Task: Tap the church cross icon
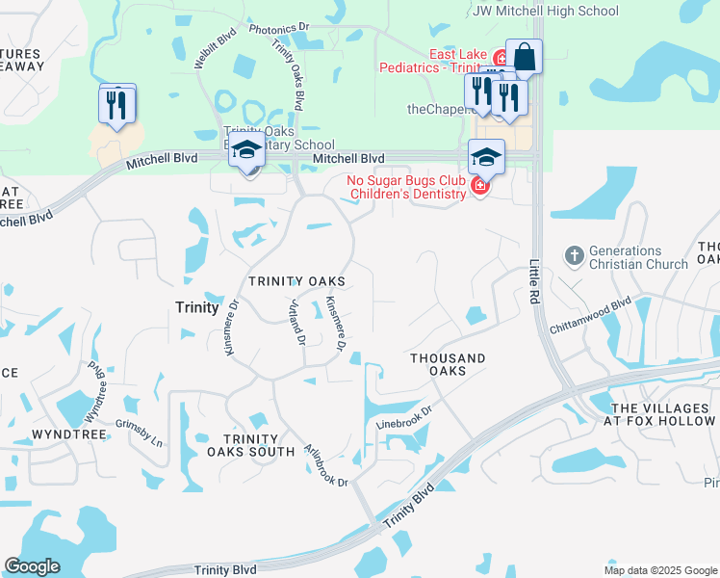coord(575,255)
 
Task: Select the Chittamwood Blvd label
coord(590,314)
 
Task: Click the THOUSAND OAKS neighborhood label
coord(448,364)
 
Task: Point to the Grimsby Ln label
coord(140,434)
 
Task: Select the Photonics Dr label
coord(278,30)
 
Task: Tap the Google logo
coord(32,566)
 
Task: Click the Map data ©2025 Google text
coord(659,570)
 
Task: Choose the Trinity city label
coord(196,306)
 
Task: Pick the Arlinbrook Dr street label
coord(327,464)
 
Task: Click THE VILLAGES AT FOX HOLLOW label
coord(659,413)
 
